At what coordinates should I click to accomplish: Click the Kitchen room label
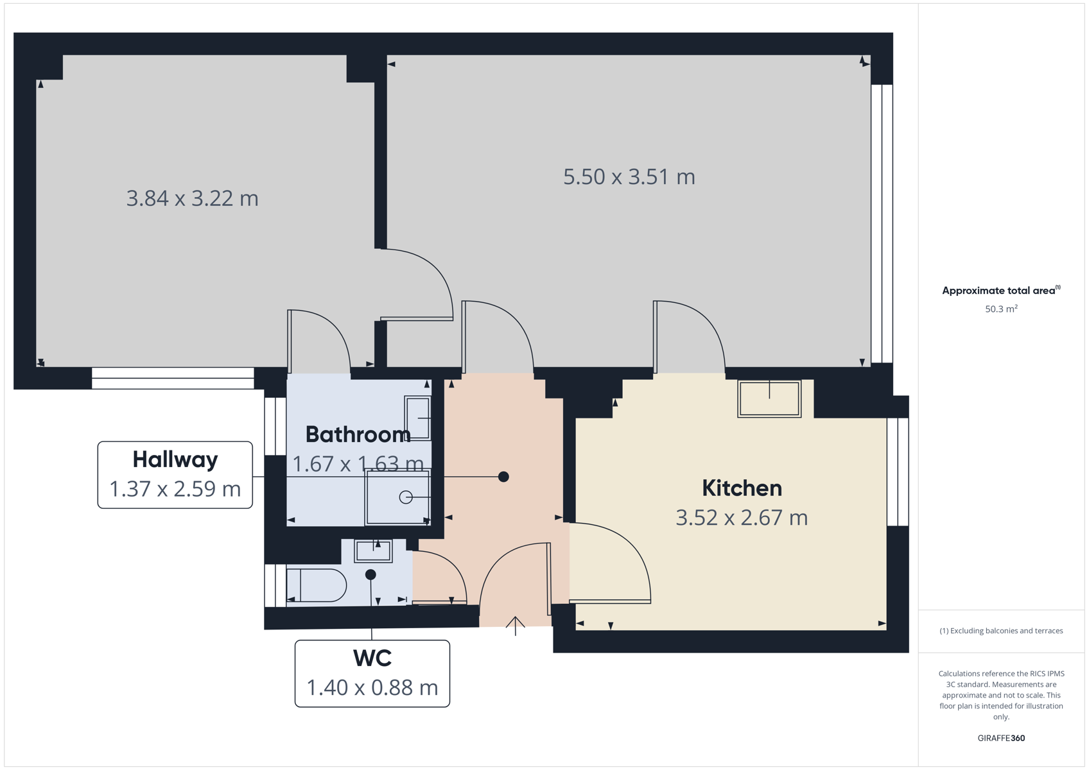(x=742, y=488)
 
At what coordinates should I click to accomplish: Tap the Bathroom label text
(x=358, y=434)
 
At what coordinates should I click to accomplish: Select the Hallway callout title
(x=175, y=459)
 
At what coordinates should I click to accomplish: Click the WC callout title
(x=372, y=658)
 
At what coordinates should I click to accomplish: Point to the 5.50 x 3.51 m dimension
(x=629, y=177)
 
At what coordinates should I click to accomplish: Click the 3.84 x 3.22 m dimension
(x=192, y=199)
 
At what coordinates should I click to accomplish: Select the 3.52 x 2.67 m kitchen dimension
(x=742, y=518)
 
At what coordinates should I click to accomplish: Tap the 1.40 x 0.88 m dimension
(x=372, y=688)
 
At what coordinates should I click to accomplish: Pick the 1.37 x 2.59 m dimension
(x=175, y=489)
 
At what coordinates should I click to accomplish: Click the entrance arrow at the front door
(x=516, y=626)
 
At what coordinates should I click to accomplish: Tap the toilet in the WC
(x=317, y=585)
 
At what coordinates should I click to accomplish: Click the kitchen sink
(x=769, y=399)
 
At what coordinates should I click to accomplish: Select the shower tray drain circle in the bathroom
(x=406, y=497)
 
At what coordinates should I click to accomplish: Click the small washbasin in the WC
(x=373, y=551)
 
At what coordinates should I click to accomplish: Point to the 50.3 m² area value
(x=1002, y=309)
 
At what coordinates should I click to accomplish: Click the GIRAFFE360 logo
(x=1002, y=738)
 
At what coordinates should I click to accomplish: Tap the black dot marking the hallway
(x=503, y=477)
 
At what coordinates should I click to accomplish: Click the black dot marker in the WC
(x=370, y=575)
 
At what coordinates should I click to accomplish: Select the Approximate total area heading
(x=1002, y=291)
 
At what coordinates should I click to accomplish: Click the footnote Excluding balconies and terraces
(x=1002, y=631)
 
